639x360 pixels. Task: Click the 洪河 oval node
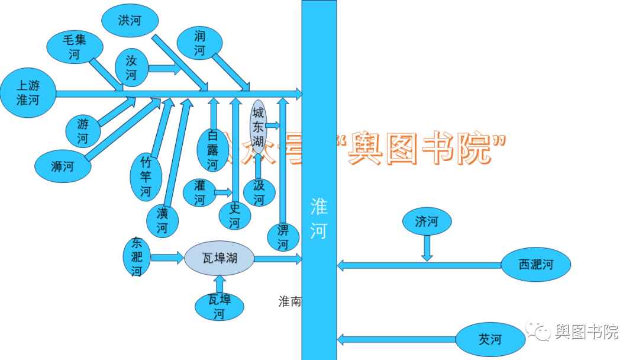(x=130, y=21)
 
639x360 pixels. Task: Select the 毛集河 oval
(x=75, y=47)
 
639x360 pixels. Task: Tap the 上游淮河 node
(x=28, y=93)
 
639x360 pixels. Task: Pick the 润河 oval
(x=200, y=43)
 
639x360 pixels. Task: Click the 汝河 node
(x=131, y=67)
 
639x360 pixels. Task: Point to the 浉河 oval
(x=63, y=166)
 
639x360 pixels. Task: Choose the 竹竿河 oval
(x=146, y=176)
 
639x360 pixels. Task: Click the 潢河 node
(x=163, y=220)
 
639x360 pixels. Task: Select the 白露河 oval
(x=212, y=150)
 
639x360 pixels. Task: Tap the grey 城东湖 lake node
(x=258, y=126)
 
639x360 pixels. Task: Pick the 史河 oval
(x=235, y=216)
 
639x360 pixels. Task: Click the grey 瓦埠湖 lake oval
(x=220, y=258)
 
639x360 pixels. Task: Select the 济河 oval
(x=427, y=222)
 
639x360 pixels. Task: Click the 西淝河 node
(x=536, y=265)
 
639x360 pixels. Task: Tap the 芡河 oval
(x=490, y=339)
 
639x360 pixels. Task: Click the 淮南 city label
(x=290, y=301)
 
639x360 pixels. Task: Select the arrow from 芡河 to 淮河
(x=396, y=339)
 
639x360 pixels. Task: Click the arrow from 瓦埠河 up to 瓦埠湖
(x=220, y=285)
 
